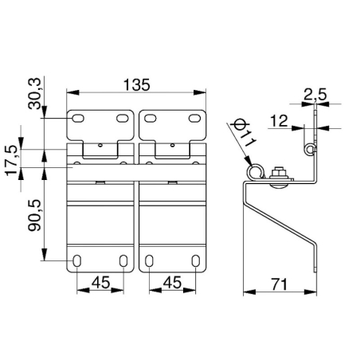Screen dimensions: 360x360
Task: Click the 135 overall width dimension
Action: (137, 83)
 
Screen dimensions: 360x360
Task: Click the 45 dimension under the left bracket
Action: (100, 281)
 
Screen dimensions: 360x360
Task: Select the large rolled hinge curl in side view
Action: (254, 173)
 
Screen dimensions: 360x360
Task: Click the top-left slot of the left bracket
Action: (79, 119)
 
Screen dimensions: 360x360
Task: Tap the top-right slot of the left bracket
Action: (121, 119)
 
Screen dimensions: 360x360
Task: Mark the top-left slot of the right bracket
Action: (151, 119)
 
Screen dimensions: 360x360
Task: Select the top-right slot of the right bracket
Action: (193, 119)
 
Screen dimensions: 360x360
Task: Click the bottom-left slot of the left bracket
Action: (77, 260)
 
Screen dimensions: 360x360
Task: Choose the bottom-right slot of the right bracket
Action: (194, 260)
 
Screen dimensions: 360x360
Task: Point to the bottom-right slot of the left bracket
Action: (123, 260)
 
